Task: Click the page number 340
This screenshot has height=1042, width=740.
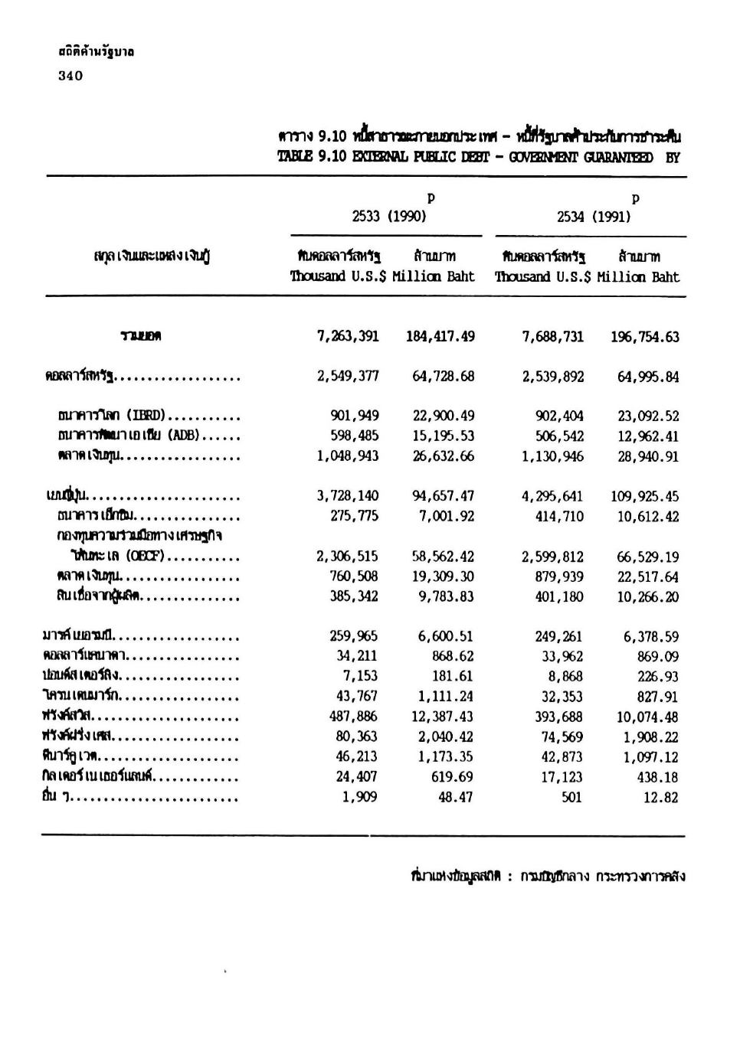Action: (70, 76)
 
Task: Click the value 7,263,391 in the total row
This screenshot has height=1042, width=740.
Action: (348, 337)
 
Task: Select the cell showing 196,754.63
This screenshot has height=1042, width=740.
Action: (645, 338)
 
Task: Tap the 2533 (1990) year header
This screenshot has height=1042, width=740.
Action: (388, 217)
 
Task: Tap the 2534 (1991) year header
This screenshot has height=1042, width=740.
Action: (594, 217)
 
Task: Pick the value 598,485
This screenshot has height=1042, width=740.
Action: (354, 436)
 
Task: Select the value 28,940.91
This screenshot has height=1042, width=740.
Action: (648, 457)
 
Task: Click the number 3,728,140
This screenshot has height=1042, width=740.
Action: (348, 496)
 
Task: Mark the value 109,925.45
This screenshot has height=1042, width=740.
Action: (645, 497)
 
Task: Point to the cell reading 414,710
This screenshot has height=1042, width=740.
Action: (559, 517)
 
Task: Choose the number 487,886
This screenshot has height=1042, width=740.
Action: (354, 717)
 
